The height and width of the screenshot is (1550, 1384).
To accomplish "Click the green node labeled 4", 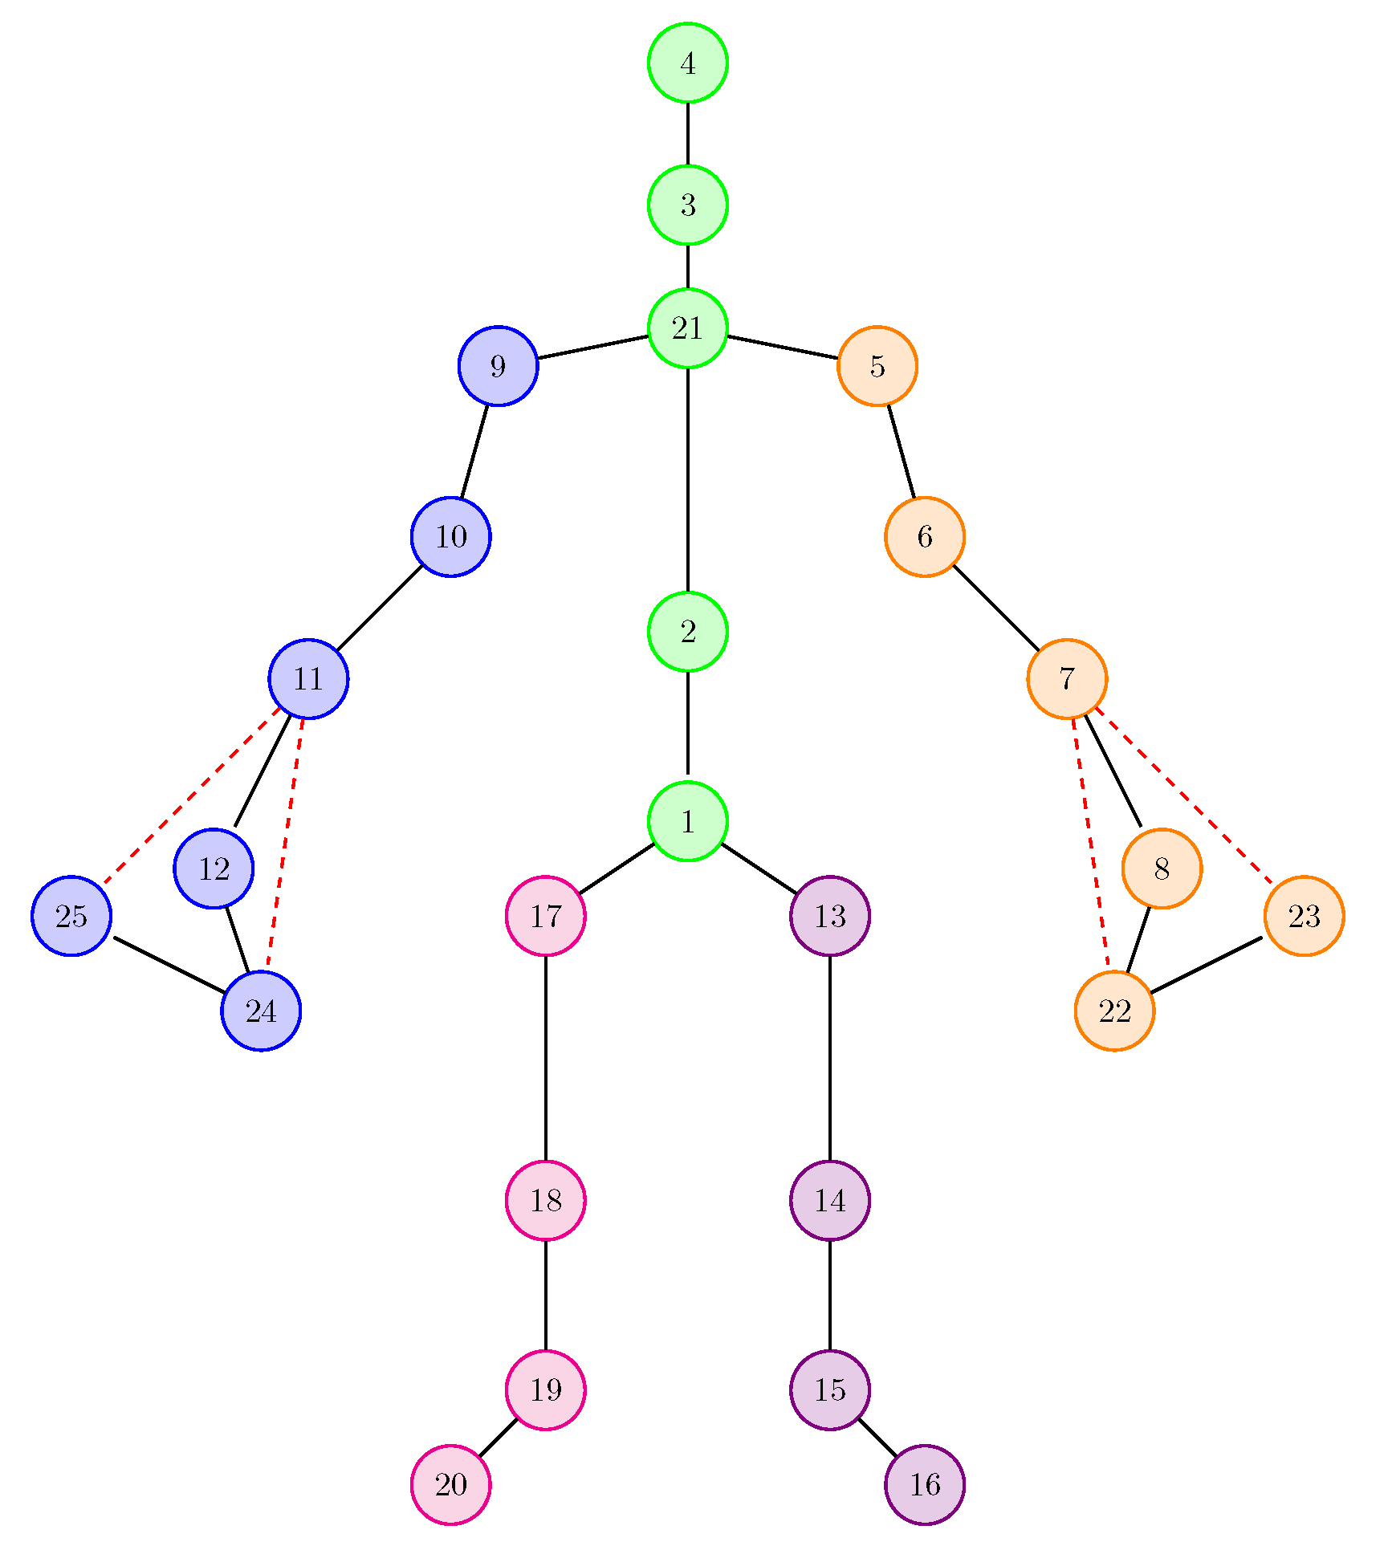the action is coord(687,63).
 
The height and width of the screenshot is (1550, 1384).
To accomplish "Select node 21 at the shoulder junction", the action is coord(687,327).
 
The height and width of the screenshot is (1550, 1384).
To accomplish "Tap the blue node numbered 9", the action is coord(498,366).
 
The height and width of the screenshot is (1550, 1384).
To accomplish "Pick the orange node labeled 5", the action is coord(877,366).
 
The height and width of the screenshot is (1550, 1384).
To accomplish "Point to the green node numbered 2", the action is coord(687,632).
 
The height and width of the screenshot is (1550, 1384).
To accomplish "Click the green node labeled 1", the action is coord(687,821).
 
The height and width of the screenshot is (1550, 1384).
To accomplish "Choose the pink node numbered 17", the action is coord(545,916).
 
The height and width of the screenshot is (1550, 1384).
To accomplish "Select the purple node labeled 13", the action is coord(829,916).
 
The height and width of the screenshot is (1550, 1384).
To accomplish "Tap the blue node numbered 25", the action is coord(71,916).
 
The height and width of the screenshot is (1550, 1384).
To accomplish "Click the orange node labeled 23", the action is coord(1304,916).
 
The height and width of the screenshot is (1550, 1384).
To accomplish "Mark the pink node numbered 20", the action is coord(450,1485).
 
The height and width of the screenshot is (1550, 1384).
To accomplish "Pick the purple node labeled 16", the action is coord(924,1485).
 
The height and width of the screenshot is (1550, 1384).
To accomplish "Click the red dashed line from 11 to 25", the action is coord(191,796).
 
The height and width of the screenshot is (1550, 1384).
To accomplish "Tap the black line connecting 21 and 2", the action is coord(687,480).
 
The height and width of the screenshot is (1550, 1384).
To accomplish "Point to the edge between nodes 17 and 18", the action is coord(545,1058).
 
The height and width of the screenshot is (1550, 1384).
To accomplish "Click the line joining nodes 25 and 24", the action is coord(169,964).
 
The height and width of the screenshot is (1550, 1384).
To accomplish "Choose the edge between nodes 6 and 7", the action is coord(995,608).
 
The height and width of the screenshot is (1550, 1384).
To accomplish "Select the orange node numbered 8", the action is coord(1161,869).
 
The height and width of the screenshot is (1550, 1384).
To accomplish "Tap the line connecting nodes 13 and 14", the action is coord(829,1058).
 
